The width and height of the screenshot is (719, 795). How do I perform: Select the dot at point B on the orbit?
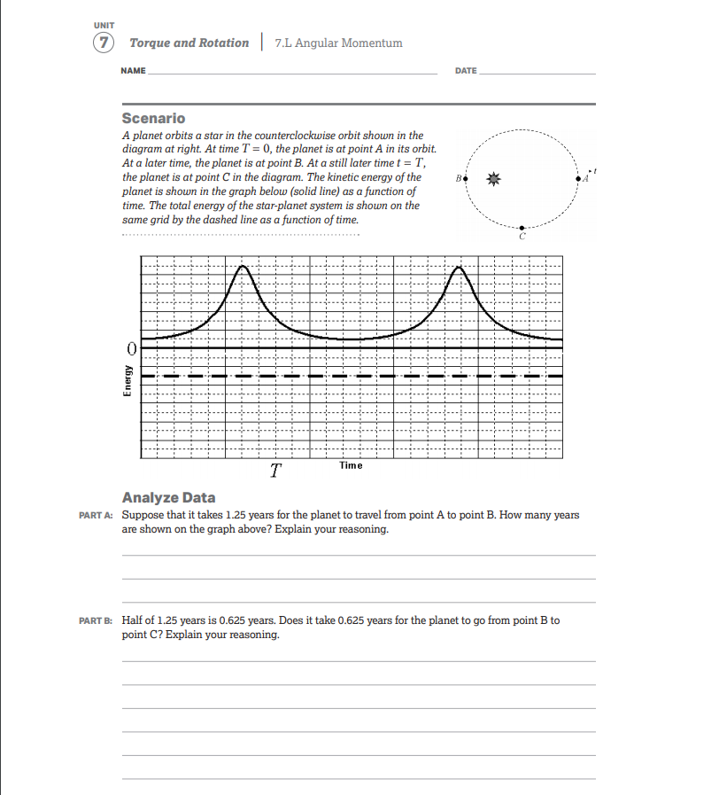(x=465, y=179)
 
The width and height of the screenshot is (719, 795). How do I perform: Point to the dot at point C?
(x=522, y=228)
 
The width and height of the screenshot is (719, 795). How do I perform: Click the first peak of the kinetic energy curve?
(x=242, y=267)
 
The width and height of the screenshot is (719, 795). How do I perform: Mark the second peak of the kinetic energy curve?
(x=458, y=267)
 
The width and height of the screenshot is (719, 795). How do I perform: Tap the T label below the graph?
(x=276, y=471)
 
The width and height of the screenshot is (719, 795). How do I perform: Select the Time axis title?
(x=350, y=465)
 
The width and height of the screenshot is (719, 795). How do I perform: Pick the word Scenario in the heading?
(x=153, y=118)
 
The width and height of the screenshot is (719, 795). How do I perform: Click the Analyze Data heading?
(x=168, y=497)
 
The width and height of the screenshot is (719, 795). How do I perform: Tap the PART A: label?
(x=97, y=515)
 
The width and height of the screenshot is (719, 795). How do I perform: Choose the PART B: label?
(x=97, y=620)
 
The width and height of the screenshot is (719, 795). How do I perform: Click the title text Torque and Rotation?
(x=189, y=43)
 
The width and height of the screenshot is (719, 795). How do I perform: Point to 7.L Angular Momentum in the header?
(x=338, y=43)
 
